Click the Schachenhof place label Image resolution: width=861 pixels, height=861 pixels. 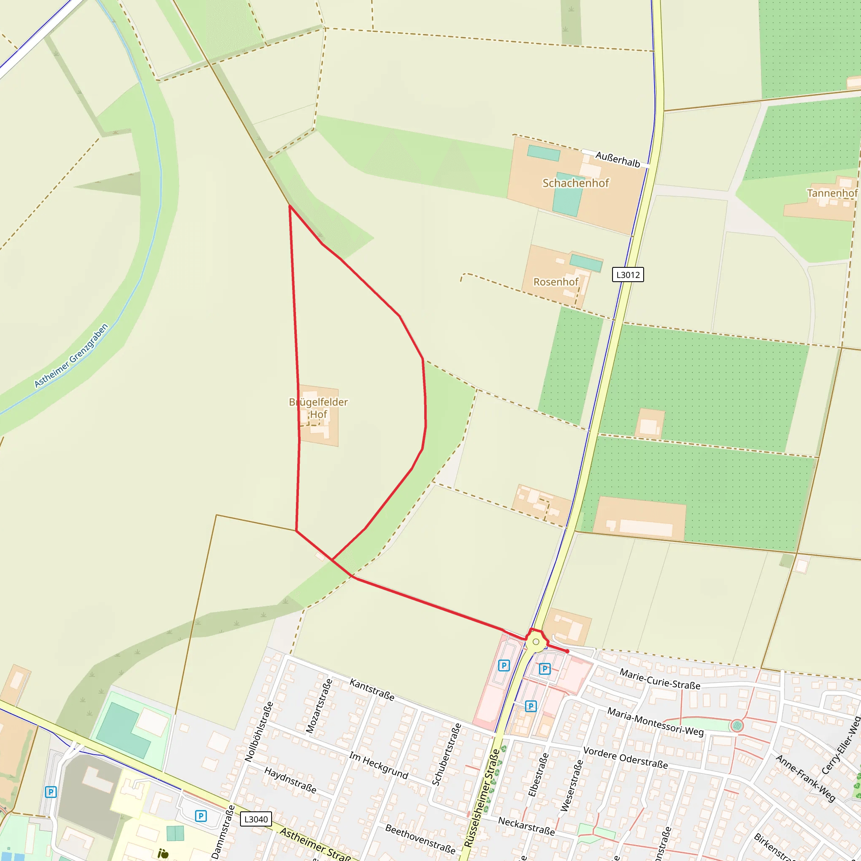pos(576,183)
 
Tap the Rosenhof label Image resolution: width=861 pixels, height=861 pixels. pos(556,282)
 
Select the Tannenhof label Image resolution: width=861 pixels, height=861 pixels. pos(832,193)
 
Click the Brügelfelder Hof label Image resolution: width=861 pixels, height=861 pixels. pos(318,408)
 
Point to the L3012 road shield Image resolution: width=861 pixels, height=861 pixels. pos(628,275)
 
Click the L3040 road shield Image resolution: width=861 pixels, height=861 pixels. pos(256,819)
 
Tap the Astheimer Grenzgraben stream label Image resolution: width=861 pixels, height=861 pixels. pos(71,356)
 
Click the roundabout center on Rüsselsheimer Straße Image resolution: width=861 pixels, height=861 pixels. pos(536,642)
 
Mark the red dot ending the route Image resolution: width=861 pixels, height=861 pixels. pos(567,651)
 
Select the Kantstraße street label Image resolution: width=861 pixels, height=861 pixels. pos(372,689)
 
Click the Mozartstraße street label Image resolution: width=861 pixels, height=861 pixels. pos(320,706)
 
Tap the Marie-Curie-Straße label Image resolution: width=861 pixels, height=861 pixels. pos(660,679)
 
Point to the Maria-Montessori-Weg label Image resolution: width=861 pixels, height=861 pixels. pos(655,721)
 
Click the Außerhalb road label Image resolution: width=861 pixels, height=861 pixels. pos(618,159)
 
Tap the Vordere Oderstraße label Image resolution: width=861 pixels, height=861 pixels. pos(625,758)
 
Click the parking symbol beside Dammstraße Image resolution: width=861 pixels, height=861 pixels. pos(201,816)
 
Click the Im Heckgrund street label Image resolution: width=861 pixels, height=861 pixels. pos(378,765)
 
